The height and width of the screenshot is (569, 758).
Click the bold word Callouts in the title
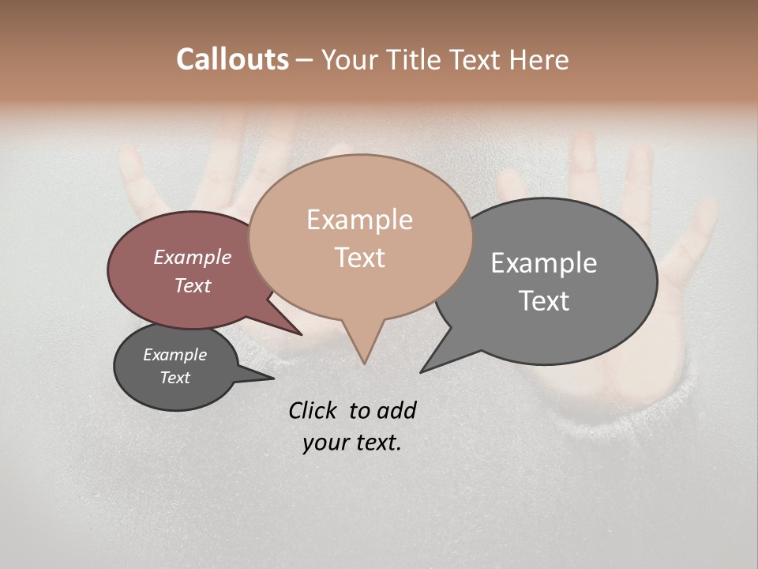(232, 59)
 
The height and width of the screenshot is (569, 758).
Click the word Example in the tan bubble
(359, 220)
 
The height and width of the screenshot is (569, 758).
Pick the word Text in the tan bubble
(359, 258)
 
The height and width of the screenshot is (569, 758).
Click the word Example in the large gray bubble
(544, 263)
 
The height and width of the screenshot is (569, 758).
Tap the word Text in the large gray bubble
(544, 301)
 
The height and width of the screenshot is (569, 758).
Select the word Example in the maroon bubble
(192, 257)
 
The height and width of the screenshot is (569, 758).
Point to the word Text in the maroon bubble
(192, 285)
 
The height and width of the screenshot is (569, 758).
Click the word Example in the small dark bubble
(174, 355)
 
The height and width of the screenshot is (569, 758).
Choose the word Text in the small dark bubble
(174, 378)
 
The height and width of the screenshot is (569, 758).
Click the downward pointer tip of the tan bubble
(364, 362)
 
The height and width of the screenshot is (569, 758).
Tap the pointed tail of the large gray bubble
(423, 370)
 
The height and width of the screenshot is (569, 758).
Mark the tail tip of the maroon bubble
(299, 333)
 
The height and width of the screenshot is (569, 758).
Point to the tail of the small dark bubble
(270, 379)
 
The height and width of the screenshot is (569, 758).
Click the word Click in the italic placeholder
(313, 410)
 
